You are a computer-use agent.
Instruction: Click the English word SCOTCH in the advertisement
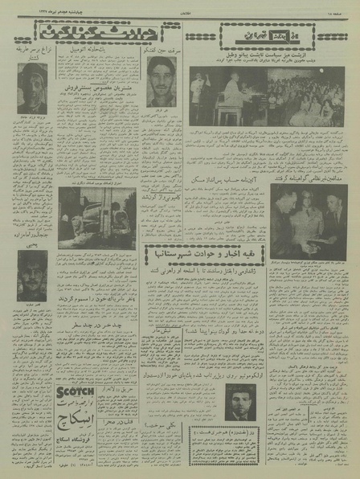(x=76, y=391)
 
